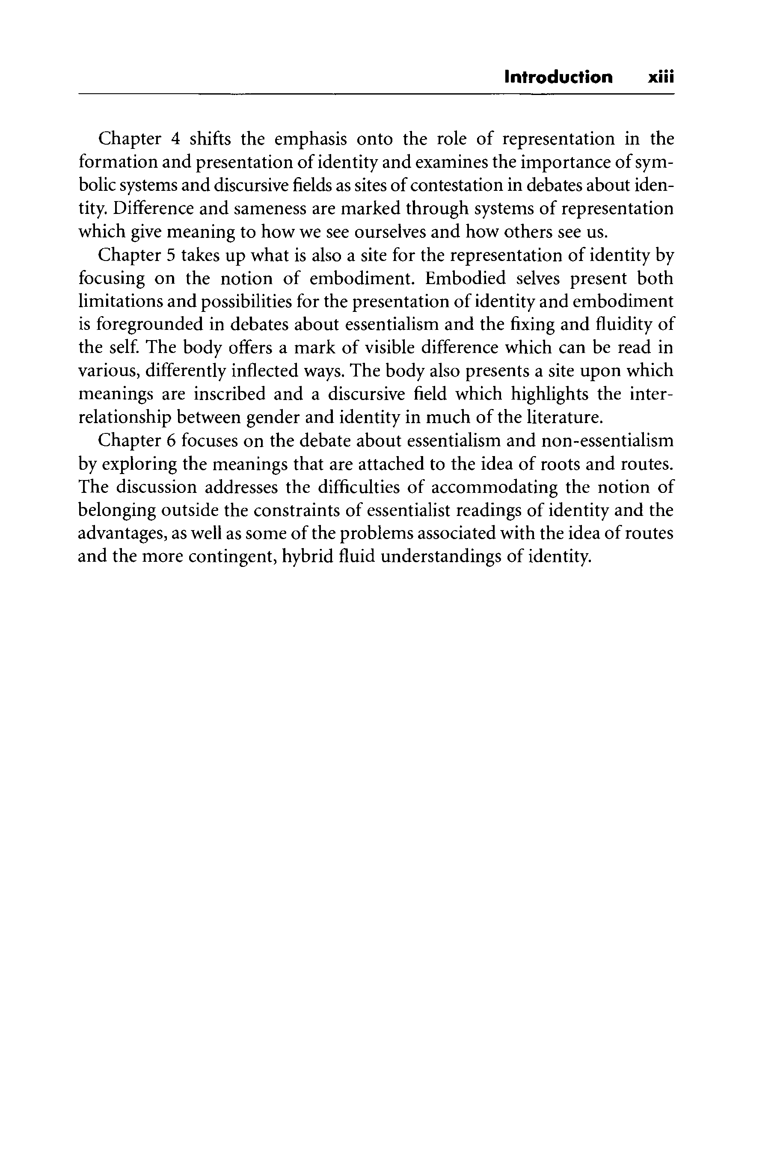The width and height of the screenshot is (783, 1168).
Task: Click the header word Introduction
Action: pos(558,77)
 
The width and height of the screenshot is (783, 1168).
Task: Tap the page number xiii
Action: pos(661,77)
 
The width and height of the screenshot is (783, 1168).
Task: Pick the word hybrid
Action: pos(306,556)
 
